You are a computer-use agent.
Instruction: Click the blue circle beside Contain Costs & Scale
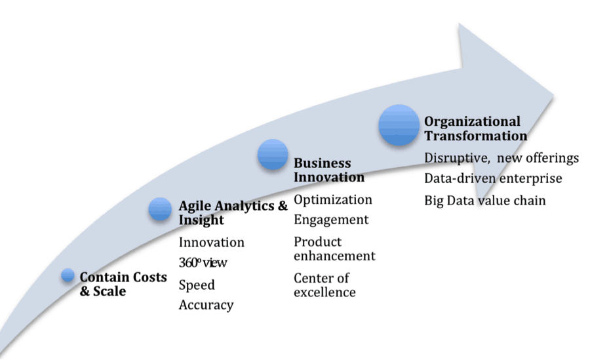(68, 275)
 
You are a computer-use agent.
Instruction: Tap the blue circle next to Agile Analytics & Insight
(160, 209)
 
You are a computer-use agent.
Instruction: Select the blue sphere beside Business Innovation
(273, 154)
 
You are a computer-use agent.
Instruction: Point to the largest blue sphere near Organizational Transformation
(399, 125)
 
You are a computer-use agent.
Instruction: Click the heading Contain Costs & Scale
(123, 284)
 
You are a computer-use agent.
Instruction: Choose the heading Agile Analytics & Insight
(233, 212)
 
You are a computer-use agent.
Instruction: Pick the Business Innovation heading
(329, 170)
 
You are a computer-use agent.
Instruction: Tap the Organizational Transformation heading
(476, 129)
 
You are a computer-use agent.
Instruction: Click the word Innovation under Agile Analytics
(212, 242)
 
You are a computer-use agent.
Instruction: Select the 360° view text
(203, 262)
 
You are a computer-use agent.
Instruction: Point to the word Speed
(197, 285)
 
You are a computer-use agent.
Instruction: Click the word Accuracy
(206, 305)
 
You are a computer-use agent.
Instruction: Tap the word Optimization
(332, 200)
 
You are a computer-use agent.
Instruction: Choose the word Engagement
(331, 220)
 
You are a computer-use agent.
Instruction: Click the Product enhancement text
(334, 249)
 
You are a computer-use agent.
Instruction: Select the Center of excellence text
(324, 285)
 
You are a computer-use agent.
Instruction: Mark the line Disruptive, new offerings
(501, 158)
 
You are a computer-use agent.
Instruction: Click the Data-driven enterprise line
(493, 178)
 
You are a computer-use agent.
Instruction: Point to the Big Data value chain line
(484, 201)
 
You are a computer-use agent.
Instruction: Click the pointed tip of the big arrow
(553, 96)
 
